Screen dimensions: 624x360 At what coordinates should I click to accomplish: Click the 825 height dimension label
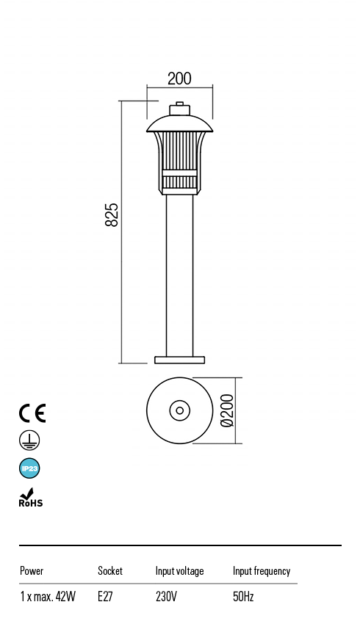pos(112,214)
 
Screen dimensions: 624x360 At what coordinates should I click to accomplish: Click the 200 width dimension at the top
pos(179,79)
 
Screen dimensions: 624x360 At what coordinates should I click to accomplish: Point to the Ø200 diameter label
pos(227,410)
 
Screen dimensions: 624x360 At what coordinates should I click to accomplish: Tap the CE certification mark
pos(32,413)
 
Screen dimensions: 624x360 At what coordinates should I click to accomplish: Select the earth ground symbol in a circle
pos(29,440)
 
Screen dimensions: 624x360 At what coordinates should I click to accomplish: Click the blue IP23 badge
pos(29,468)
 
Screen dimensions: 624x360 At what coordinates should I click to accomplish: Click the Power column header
pos(32,570)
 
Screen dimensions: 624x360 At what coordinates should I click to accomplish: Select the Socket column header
pos(110,570)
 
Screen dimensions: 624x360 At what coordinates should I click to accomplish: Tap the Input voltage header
pos(179,570)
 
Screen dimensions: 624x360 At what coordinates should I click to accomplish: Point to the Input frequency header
pos(262,570)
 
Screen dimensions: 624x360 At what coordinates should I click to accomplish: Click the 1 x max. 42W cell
pos(48,597)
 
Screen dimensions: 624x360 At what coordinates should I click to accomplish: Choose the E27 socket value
pos(105,597)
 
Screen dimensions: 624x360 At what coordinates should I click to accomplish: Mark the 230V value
pos(166,597)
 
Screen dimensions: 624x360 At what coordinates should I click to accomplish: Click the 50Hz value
pos(243,597)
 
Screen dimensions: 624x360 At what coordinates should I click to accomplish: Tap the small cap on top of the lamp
pos(179,109)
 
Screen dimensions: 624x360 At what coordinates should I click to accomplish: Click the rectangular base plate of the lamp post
pos(179,360)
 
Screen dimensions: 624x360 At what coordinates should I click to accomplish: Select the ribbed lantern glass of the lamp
pos(179,150)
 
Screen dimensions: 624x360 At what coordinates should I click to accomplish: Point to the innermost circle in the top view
pos(179,410)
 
